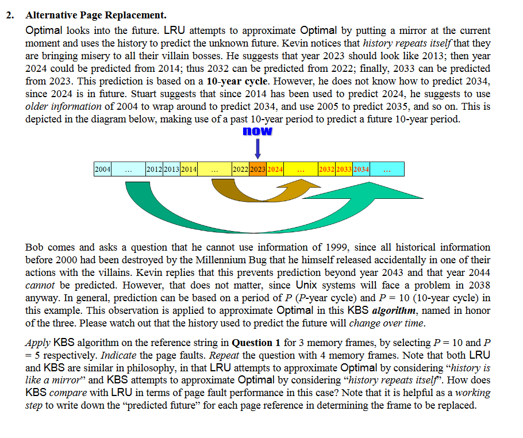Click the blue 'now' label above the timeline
click(x=257, y=132)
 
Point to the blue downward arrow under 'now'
click(x=258, y=148)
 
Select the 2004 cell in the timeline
click(x=102, y=169)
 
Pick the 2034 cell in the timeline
click(x=361, y=169)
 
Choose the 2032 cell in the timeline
click(x=327, y=169)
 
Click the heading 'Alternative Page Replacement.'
click(x=96, y=16)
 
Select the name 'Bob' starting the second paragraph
click(x=35, y=247)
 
